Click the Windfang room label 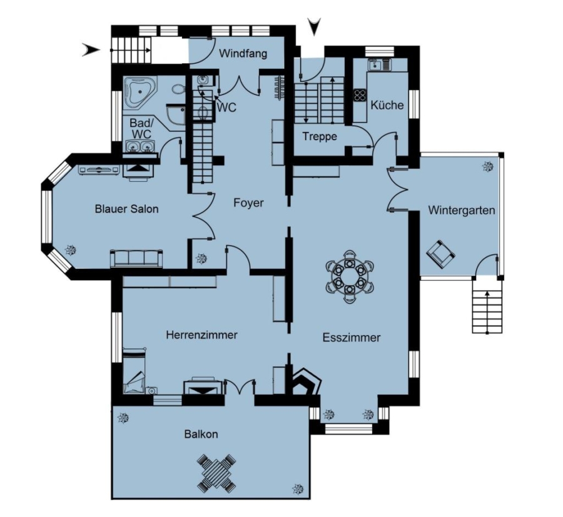(243, 54)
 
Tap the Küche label (387, 105)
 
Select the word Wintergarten (462, 210)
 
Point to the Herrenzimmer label (202, 334)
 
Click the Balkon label (201, 434)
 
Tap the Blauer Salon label (127, 209)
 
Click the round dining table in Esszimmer (349, 277)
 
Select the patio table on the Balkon (217, 473)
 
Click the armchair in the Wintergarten (440, 254)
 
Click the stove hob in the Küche (360, 95)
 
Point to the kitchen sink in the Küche (379, 65)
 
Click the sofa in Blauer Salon (136, 258)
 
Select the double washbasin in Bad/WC (141, 146)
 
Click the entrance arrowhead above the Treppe (315, 26)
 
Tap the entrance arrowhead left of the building (91, 49)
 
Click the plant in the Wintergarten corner (487, 166)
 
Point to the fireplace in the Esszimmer (305, 381)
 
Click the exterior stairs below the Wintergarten (487, 306)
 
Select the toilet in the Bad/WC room (178, 89)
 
